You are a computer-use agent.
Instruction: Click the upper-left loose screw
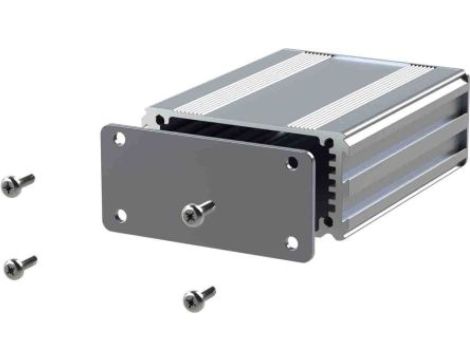coord(17,184)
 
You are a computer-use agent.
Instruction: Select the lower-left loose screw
coord(19,265)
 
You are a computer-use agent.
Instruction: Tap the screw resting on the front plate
coord(197,211)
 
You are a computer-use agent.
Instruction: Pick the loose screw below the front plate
coord(198,297)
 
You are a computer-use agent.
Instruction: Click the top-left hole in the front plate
coord(120,139)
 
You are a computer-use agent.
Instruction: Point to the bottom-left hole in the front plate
coord(120,214)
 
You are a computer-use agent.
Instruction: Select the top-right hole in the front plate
coord(293,163)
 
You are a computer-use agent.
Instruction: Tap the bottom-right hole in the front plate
coord(291,242)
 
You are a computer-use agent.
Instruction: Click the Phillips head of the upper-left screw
coord(11,186)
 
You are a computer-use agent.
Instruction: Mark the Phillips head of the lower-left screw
coord(13,268)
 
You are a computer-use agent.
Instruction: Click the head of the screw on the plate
coord(191,213)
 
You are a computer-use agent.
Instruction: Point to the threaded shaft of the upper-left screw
coord(26,180)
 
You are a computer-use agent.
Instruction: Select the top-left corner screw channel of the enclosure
coord(158,119)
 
